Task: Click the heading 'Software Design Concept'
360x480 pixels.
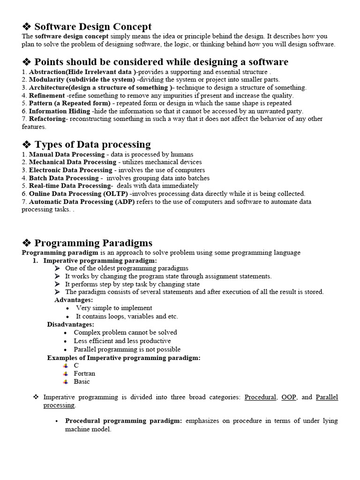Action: click(x=93, y=27)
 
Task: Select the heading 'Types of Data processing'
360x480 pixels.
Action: click(x=92, y=144)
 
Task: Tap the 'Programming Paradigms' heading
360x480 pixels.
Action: click(x=93, y=242)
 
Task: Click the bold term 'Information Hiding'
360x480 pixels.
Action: click(x=60, y=111)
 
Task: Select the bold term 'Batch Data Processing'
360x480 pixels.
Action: click(x=63, y=178)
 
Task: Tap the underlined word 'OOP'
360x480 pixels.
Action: click(x=289, y=397)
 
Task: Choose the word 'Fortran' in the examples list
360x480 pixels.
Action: click(x=84, y=374)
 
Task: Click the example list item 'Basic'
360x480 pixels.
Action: click(x=82, y=382)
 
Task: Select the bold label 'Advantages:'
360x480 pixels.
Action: click(x=74, y=300)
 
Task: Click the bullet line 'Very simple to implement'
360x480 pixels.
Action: click(x=114, y=308)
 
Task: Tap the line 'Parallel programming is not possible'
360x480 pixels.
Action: click(x=127, y=349)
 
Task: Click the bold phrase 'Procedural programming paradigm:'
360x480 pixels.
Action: click(x=123, y=421)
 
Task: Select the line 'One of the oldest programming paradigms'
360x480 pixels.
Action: click(x=127, y=268)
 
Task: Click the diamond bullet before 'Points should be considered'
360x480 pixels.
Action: click(x=27, y=62)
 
